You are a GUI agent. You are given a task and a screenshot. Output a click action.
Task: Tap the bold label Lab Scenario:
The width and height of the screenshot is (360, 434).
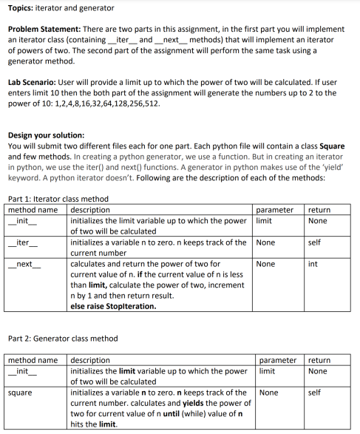(33, 84)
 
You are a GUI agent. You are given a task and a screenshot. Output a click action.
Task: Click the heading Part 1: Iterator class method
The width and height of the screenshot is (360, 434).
(58, 199)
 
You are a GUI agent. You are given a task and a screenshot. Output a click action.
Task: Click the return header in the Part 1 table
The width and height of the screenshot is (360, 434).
(319, 210)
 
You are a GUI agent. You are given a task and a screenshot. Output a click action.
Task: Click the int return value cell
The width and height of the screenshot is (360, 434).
(313, 264)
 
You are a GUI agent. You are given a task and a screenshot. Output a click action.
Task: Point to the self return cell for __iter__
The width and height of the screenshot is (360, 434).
(314, 243)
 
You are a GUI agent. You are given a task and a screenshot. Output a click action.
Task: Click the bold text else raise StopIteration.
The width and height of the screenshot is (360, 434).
(113, 305)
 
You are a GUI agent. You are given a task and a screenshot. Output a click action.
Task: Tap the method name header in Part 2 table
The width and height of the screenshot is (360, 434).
(33, 360)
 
